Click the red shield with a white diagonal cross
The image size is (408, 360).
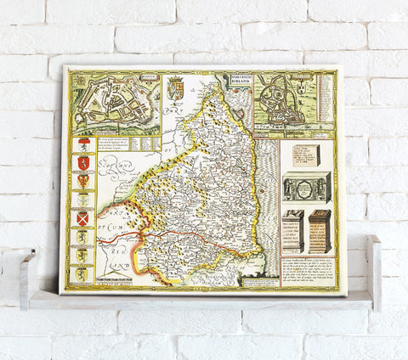click(82, 220)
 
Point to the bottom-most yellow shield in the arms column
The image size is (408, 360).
click(82, 273)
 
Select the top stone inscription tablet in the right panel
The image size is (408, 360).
click(303, 157)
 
